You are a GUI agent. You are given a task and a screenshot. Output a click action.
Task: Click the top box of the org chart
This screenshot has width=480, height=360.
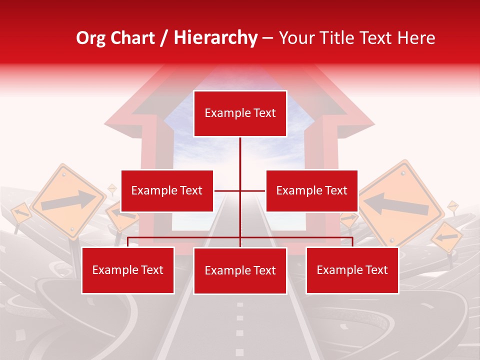tap(240, 113)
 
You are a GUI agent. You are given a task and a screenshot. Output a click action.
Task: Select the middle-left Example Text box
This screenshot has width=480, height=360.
tap(167, 190)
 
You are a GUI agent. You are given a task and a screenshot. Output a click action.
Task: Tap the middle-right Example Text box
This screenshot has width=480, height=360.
tap(311, 190)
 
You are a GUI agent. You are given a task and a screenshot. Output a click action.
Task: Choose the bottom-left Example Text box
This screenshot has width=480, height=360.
tap(128, 270)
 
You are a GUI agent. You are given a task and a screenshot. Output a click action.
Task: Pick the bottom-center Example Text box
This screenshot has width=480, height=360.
tap(240, 270)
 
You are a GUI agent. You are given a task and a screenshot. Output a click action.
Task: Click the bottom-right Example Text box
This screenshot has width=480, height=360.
tap(352, 270)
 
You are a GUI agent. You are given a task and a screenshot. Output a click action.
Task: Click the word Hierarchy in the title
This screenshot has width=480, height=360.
tap(215, 38)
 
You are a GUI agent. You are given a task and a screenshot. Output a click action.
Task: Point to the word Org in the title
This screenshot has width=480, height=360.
tap(91, 38)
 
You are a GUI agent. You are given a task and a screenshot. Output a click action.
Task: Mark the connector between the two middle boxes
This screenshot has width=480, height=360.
tap(240, 190)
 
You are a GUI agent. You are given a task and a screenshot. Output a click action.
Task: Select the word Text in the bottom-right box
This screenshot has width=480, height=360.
tap(375, 270)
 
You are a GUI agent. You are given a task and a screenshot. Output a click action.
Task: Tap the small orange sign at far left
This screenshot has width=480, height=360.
tap(20, 213)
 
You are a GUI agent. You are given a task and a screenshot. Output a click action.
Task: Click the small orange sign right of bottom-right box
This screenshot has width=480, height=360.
tap(447, 237)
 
